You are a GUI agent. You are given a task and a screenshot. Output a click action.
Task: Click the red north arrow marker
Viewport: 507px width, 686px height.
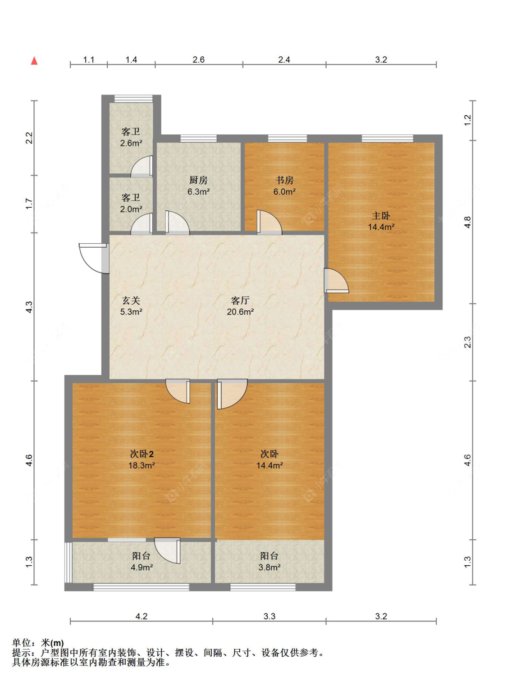coord(34,61)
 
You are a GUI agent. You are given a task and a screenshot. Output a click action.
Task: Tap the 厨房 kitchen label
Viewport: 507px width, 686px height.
coord(198,180)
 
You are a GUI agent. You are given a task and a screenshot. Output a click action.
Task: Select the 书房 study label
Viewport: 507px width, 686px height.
coord(284,180)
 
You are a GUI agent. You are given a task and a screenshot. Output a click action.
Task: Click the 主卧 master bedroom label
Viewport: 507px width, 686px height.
coord(381,215)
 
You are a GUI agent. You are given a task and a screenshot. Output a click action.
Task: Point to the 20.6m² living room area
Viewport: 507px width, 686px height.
coord(240,312)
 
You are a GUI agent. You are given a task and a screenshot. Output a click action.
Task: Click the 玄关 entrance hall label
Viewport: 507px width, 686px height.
coord(131,300)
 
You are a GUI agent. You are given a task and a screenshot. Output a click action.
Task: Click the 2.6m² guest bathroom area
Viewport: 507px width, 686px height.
coord(131,143)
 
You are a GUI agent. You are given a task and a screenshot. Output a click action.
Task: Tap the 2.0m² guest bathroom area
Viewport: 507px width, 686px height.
coord(131,209)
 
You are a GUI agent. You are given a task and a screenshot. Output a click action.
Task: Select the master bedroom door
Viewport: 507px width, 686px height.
coord(337,281)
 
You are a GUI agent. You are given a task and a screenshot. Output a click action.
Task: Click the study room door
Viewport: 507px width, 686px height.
coord(269,222)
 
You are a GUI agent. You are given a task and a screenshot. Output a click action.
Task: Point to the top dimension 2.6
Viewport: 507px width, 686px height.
coord(198,59)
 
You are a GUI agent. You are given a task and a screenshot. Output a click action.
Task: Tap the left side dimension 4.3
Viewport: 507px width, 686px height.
coord(29,307)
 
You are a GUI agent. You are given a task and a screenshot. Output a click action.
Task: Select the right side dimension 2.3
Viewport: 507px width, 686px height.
coord(467,342)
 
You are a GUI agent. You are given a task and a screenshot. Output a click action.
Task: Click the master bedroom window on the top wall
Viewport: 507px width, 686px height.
coord(387,138)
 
